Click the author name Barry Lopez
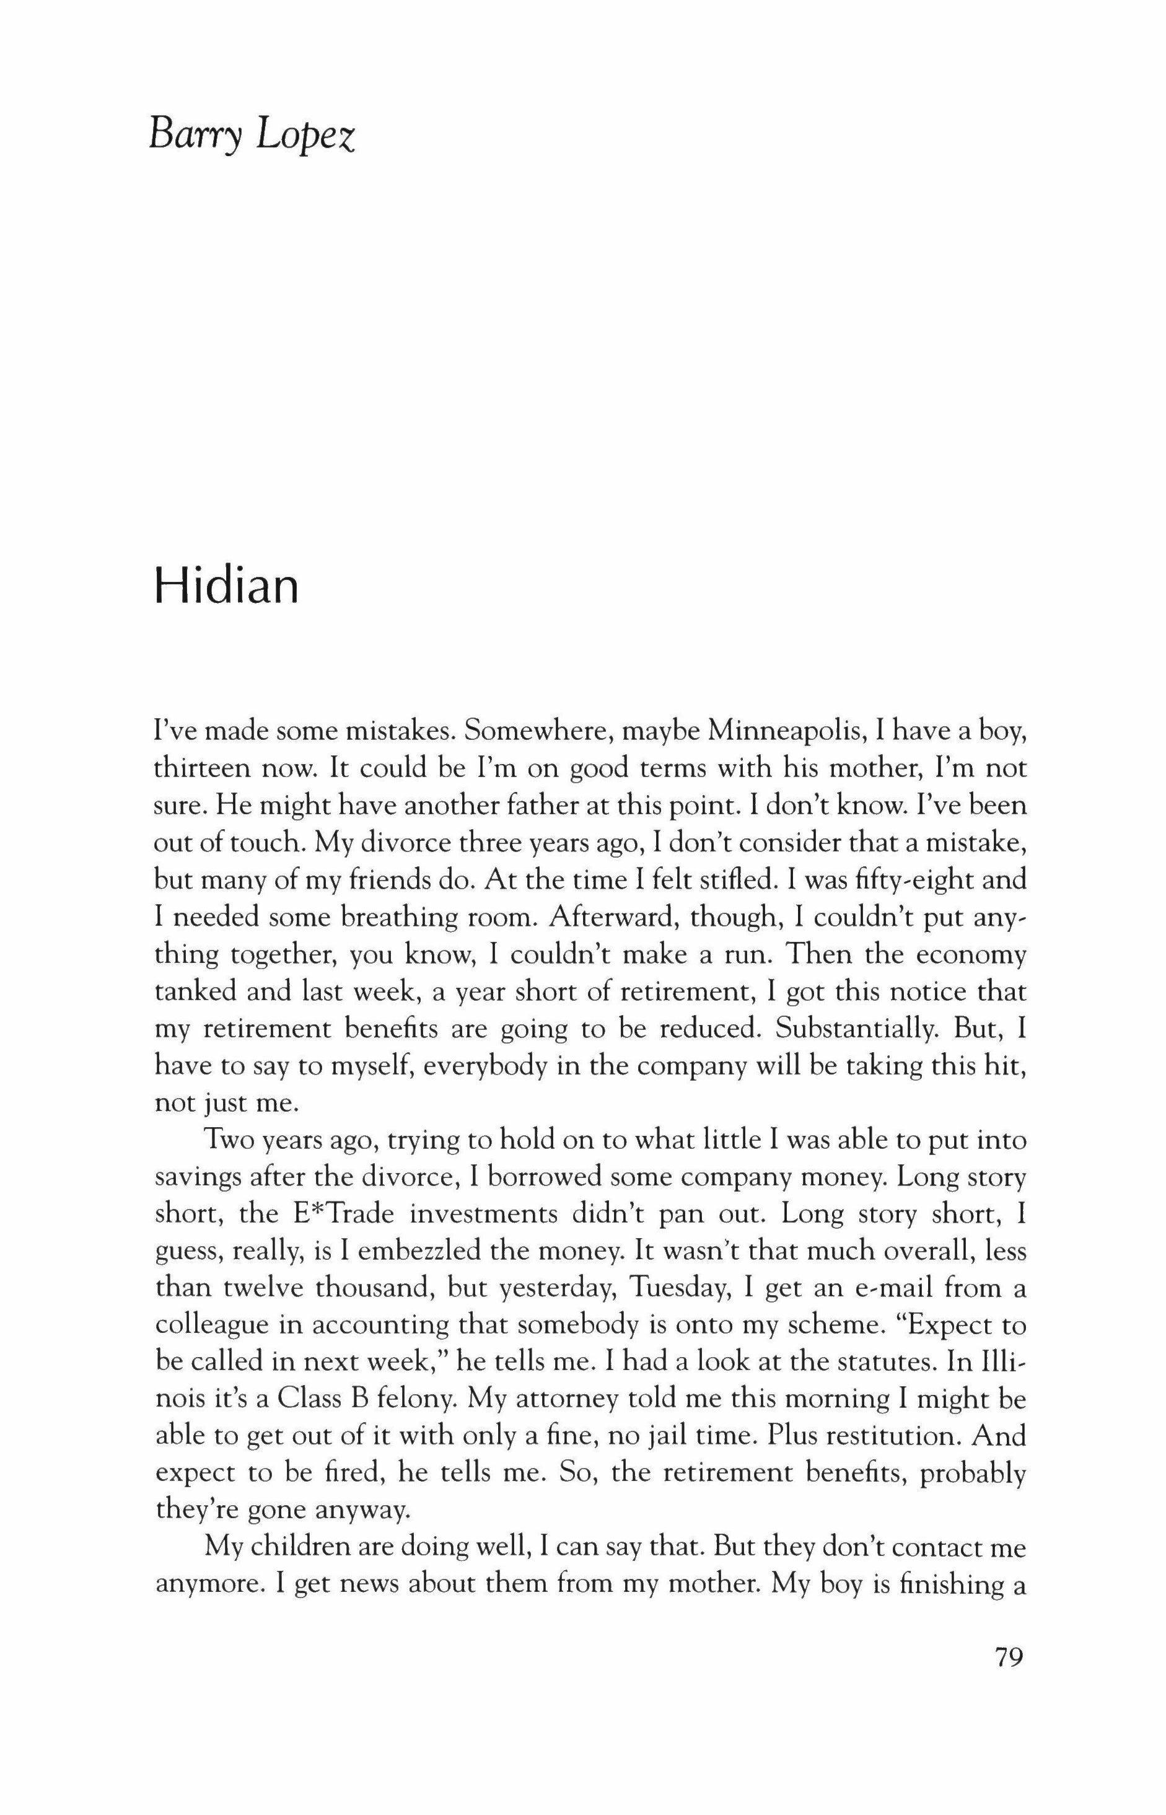(252, 137)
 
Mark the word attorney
(559, 1401)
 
